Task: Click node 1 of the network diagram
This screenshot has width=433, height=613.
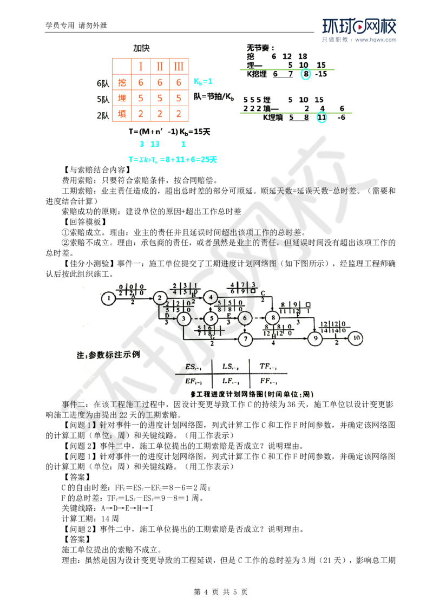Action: tap(109, 297)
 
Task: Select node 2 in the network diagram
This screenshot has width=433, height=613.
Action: tap(159, 297)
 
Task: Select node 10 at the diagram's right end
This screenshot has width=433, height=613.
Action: tap(356, 338)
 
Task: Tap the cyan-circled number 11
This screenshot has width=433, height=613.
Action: tap(322, 116)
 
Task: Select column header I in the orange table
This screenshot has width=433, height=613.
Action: tap(141, 67)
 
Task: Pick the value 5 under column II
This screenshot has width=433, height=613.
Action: tap(160, 99)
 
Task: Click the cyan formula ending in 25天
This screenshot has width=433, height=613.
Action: tap(172, 160)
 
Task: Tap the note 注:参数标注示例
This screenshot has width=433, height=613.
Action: tap(107, 355)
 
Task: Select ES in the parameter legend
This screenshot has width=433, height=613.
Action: tap(191, 367)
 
